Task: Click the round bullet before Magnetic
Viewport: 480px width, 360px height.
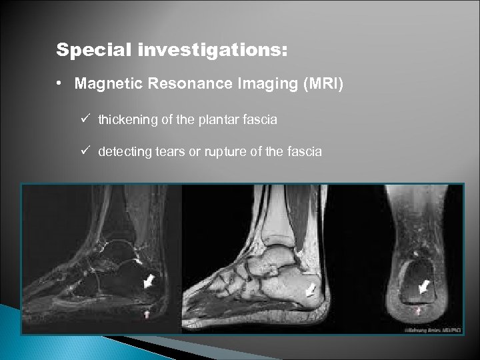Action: pyautogui.click(x=59, y=85)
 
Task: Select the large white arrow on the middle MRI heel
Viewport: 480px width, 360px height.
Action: pyautogui.click(x=310, y=291)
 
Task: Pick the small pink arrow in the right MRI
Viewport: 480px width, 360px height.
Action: pyautogui.click(x=418, y=310)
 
